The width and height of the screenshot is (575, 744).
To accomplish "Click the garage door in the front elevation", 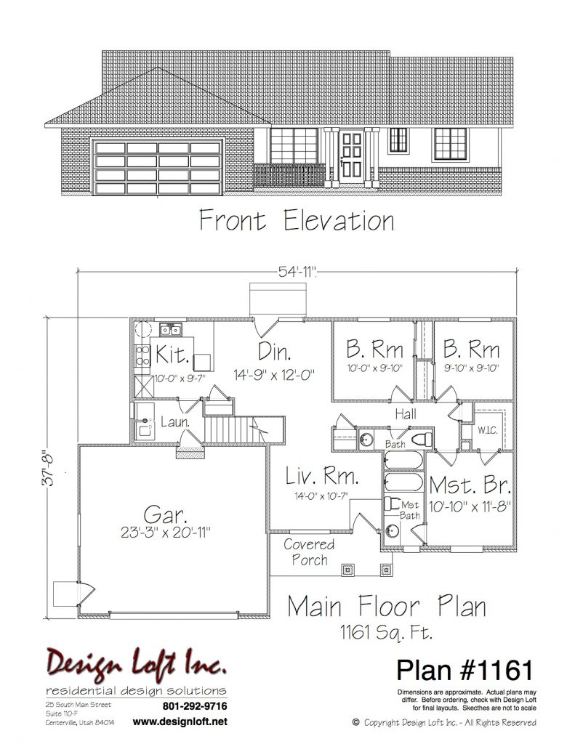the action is [158, 167].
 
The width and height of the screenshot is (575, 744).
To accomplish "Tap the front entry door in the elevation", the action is [352, 154].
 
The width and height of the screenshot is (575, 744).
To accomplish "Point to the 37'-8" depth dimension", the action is [49, 468].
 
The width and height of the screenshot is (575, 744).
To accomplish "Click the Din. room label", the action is [275, 352].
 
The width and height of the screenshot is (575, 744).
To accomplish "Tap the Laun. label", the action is [175, 422].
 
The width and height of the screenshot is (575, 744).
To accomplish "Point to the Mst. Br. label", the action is [470, 485].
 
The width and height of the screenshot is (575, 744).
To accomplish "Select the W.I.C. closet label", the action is [488, 430].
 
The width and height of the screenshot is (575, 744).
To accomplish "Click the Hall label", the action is [406, 414].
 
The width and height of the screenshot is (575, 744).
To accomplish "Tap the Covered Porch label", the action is [309, 552].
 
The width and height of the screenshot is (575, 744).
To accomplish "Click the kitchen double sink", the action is [170, 329].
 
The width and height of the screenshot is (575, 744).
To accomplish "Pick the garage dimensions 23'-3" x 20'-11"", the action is [165, 533].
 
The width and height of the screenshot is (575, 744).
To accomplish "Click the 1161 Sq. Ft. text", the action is [386, 632].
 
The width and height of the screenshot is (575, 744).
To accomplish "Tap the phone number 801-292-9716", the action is [195, 706].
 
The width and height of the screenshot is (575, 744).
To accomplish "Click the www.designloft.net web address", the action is [180, 721].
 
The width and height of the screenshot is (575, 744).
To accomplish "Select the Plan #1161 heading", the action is [465, 670].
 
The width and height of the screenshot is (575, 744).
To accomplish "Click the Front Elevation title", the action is [297, 221].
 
